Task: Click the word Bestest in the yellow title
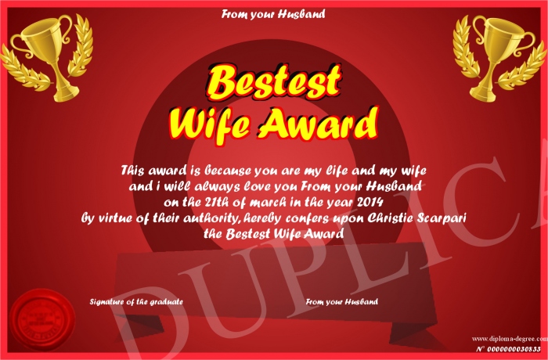click(274, 82)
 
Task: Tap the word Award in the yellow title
click(318, 124)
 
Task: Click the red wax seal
click(42, 320)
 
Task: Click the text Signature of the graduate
click(136, 302)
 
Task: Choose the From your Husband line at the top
click(273, 14)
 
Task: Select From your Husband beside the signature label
click(342, 301)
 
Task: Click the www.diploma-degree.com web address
click(510, 338)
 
